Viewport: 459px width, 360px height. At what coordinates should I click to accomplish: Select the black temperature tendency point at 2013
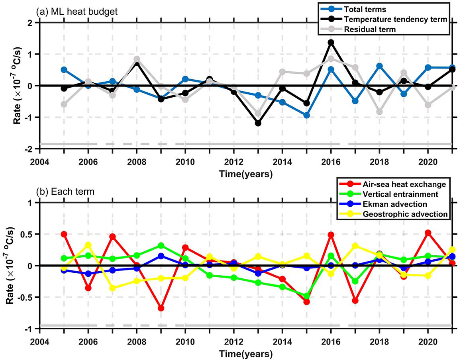258,123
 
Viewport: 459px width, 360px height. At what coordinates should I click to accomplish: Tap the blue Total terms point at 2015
306,115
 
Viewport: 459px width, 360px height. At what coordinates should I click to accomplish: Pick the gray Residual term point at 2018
379,112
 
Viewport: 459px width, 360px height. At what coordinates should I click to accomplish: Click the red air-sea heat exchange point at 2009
161,308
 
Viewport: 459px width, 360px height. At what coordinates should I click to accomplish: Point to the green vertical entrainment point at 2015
306,296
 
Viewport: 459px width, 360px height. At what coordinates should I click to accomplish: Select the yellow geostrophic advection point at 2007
112,288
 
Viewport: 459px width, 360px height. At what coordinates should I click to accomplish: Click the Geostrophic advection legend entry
405,214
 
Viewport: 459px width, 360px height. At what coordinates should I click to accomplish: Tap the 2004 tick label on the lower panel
39,342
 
